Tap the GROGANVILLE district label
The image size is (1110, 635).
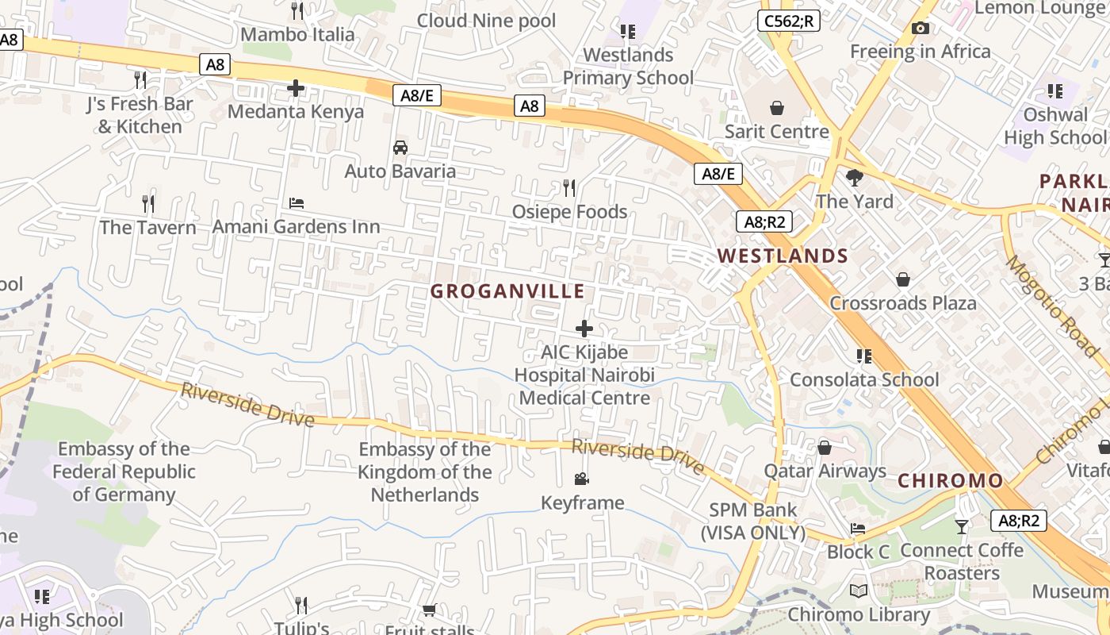click(x=507, y=291)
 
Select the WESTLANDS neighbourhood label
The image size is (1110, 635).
click(x=783, y=256)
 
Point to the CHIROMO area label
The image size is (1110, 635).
click(x=951, y=480)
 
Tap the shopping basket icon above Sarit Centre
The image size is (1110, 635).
click(x=777, y=107)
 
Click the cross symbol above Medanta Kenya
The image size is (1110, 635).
click(x=296, y=87)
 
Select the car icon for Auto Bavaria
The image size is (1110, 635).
click(x=400, y=148)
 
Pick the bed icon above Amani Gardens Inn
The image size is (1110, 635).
click(x=297, y=203)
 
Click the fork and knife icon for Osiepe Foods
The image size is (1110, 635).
click(x=569, y=188)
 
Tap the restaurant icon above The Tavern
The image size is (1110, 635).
click(x=148, y=204)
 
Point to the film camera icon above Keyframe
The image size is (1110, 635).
click(x=582, y=479)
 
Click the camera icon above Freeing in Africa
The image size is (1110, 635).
click(x=921, y=29)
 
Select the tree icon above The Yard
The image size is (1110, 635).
click(x=855, y=177)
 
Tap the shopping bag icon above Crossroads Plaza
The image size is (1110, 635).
click(x=902, y=279)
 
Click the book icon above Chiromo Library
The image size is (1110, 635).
click(x=858, y=591)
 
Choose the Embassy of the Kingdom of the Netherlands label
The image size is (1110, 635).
click(x=425, y=471)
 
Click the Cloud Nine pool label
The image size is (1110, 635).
click(x=487, y=21)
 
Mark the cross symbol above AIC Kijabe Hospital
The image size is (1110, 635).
click(x=584, y=329)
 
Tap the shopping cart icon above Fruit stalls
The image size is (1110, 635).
click(x=429, y=610)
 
